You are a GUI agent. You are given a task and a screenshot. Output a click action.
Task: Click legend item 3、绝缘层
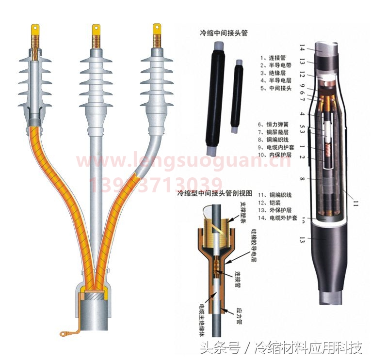click(x=272, y=73)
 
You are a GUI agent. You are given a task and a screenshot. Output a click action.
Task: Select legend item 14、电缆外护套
click(x=279, y=218)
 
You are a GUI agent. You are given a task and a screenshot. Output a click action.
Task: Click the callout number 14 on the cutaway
click(x=302, y=48)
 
